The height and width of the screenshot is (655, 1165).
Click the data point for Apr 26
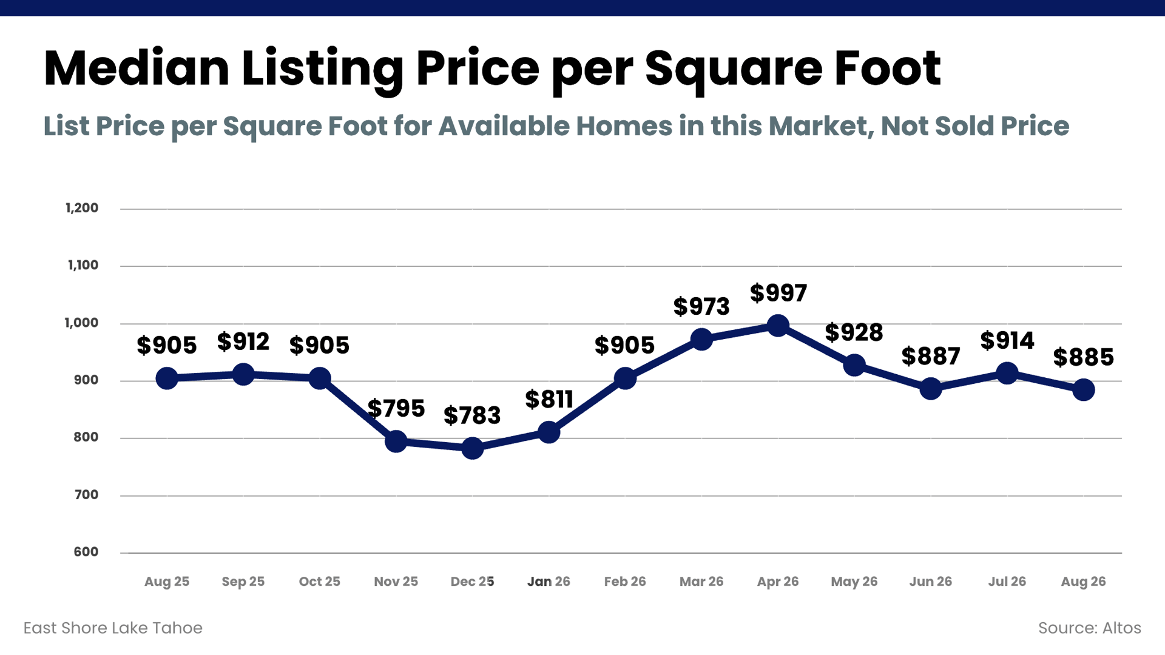778,326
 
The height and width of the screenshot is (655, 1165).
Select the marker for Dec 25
472,448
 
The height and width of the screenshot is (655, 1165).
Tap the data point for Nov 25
396,442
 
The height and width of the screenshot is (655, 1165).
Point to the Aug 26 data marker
1083,390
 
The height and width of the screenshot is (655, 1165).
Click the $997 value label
778,294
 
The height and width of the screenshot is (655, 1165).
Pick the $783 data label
472,416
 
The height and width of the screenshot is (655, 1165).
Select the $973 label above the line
701,307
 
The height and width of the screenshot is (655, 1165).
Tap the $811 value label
549,400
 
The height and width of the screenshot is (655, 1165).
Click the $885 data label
1084,358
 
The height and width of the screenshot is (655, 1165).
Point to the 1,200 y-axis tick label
82,208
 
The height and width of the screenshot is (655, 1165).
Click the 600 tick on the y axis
86,552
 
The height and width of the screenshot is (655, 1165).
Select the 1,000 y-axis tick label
81,323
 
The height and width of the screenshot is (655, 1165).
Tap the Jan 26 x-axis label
549,582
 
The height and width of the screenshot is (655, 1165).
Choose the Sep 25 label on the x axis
243,582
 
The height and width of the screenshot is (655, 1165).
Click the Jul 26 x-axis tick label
1007,582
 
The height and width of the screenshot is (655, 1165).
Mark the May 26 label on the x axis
854,582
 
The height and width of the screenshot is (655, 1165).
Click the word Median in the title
137,68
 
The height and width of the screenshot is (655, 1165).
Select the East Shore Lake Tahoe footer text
113,628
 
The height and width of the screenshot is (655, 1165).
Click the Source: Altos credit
1090,628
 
